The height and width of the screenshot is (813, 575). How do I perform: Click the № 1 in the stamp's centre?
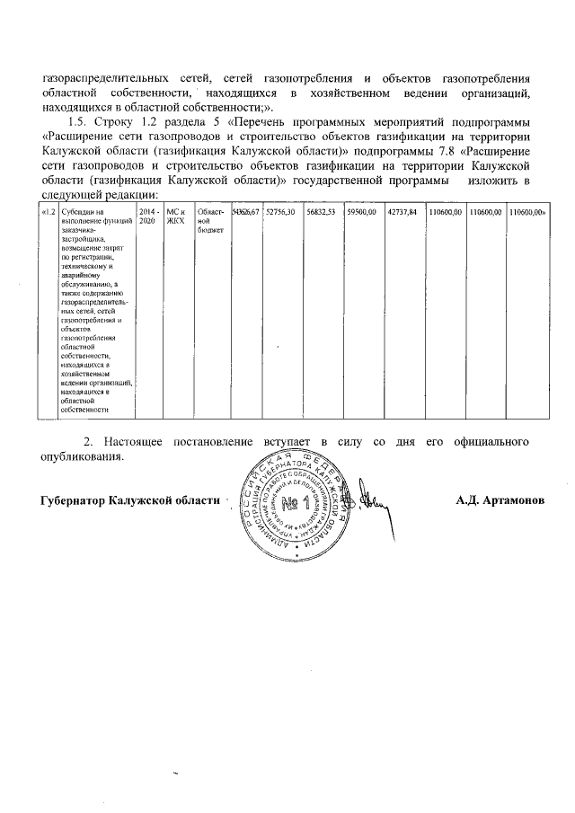[x=293, y=502]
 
